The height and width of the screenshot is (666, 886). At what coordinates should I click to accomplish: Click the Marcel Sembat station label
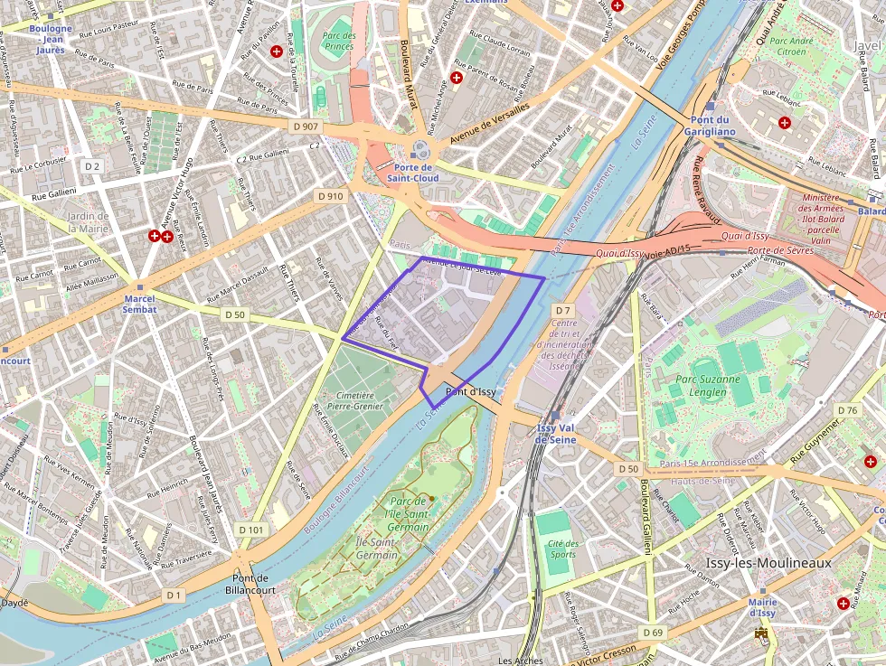[x=140, y=304]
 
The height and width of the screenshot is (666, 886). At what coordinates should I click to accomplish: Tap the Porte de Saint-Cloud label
[x=417, y=173]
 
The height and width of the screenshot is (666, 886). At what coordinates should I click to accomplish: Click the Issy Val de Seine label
[x=555, y=434]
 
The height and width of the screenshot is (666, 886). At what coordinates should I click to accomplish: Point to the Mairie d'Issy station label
[x=761, y=607]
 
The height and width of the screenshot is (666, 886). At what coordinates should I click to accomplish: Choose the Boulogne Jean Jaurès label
[x=51, y=39]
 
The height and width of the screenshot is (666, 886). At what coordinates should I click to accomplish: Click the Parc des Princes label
[x=339, y=41]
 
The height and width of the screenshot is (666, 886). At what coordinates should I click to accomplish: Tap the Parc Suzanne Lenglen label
[x=701, y=386]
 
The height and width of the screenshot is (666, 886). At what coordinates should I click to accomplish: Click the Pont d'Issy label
[x=470, y=391]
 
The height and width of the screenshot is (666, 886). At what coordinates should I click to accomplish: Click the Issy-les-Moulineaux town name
[x=768, y=563]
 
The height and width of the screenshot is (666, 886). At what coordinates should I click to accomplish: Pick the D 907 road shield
[x=306, y=127]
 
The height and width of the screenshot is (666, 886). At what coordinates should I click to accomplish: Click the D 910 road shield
[x=331, y=195]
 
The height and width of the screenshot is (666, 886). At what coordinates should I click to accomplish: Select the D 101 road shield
[x=251, y=529]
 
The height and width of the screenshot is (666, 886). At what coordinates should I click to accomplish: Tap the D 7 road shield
[x=563, y=310]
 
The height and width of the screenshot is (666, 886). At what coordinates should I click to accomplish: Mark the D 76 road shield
[x=847, y=410]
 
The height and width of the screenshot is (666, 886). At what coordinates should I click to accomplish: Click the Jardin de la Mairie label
[x=88, y=222]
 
